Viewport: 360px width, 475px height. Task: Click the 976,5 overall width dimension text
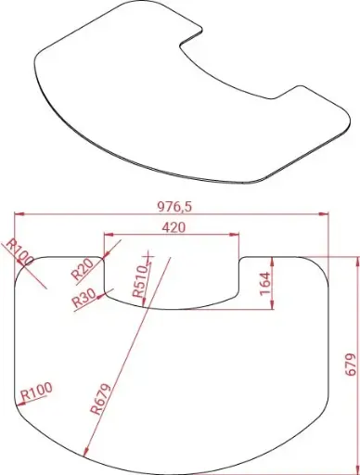point(174,207)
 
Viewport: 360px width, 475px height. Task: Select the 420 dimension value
point(174,227)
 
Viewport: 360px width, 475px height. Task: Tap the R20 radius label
point(82,269)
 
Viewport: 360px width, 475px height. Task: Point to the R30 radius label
point(84,298)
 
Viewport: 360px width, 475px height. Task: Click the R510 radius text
point(140,281)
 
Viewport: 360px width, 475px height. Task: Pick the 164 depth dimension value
point(265,284)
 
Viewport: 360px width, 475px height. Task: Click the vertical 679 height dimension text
point(350,365)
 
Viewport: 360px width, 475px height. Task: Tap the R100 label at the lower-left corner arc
point(36,392)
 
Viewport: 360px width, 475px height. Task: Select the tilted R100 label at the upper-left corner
point(19,251)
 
